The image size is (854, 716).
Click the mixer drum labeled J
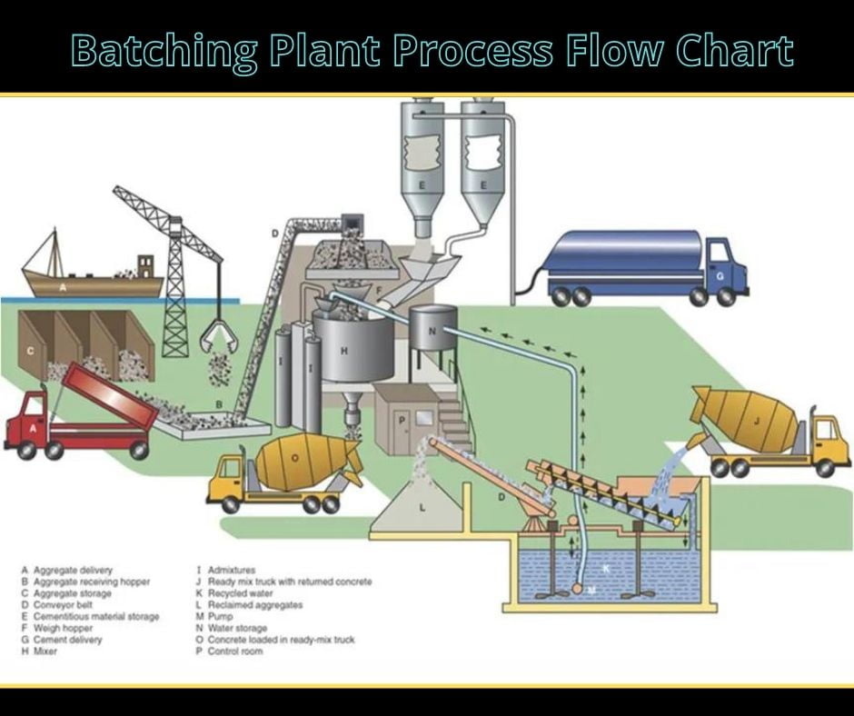point(747,420)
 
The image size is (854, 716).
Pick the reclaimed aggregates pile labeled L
point(422,510)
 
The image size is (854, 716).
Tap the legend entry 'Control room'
point(236,651)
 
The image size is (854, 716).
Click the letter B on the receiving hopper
point(219,403)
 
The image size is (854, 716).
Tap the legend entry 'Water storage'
point(237,628)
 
